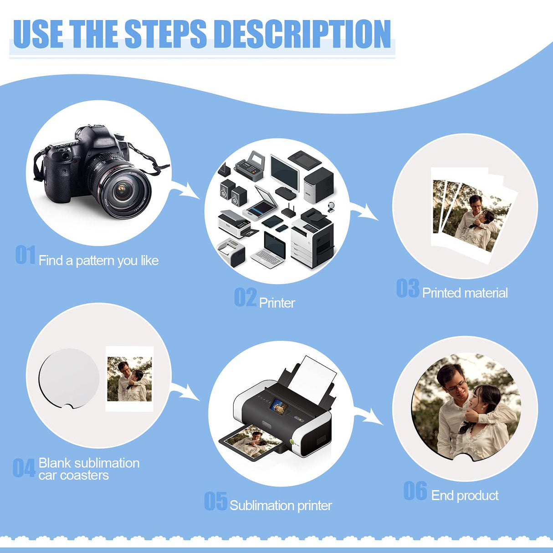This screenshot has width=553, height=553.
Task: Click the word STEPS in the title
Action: click(165, 34)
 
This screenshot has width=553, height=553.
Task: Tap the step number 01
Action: click(25, 255)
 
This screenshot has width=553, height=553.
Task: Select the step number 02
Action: click(245, 297)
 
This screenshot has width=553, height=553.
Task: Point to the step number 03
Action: click(407, 288)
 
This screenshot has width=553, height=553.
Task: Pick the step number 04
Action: click(24, 468)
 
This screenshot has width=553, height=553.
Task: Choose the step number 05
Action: click(215, 501)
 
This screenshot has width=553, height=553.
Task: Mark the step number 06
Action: click(415, 491)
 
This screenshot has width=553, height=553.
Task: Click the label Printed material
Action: click(465, 293)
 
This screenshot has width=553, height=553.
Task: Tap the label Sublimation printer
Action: click(281, 506)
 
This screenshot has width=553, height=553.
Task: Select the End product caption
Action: click(465, 496)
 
